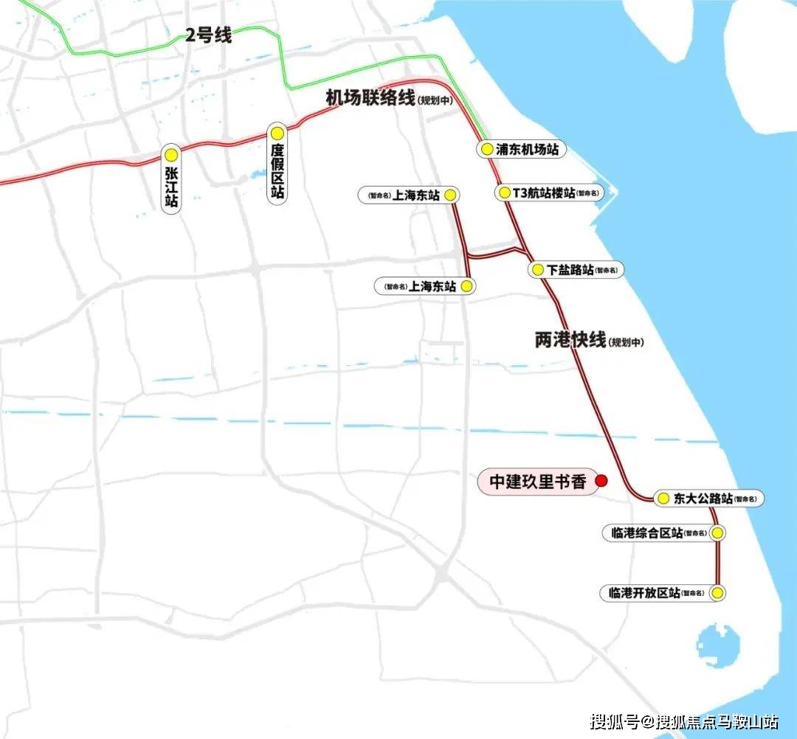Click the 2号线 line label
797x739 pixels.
coord(208,35)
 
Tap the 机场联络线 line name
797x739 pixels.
coord(370,98)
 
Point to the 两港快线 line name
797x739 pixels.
coord(570,339)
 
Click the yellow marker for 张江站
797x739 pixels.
coord(171,155)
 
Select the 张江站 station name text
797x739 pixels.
coord(171,187)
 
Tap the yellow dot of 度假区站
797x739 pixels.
coord(277,133)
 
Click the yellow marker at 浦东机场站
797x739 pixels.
coord(486,149)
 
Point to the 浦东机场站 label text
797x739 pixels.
coord(527,149)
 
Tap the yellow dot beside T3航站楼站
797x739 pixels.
coord(505,193)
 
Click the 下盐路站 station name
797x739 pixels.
coord(571,270)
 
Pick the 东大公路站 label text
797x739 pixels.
coord(703,499)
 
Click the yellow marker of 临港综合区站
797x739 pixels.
coord(717,532)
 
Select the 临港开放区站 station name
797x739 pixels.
coord(644,592)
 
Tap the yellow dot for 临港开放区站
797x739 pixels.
coord(717,592)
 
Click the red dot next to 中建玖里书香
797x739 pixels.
coord(601,481)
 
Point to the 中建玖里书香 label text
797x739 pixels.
coord(538,482)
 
